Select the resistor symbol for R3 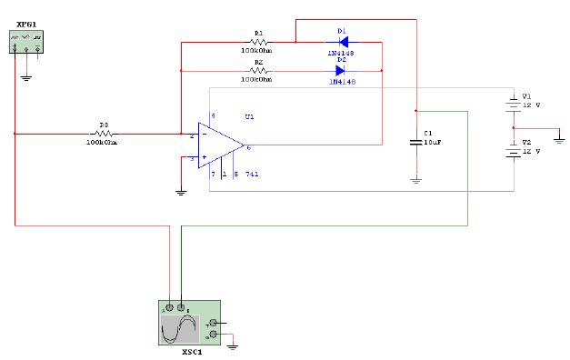[104, 133]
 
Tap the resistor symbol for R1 [258, 41]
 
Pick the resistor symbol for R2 [258, 70]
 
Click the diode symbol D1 [342, 41]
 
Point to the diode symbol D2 [342, 70]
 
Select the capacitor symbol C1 [415, 143]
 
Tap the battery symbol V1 [514, 104]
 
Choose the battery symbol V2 [514, 152]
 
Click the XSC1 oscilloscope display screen [180, 328]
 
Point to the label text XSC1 [192, 351]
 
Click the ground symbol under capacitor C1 [415, 180]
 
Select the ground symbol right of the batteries [559, 140]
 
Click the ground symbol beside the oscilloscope [234, 345]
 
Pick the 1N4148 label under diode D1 [342, 54]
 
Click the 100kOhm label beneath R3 [104, 142]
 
